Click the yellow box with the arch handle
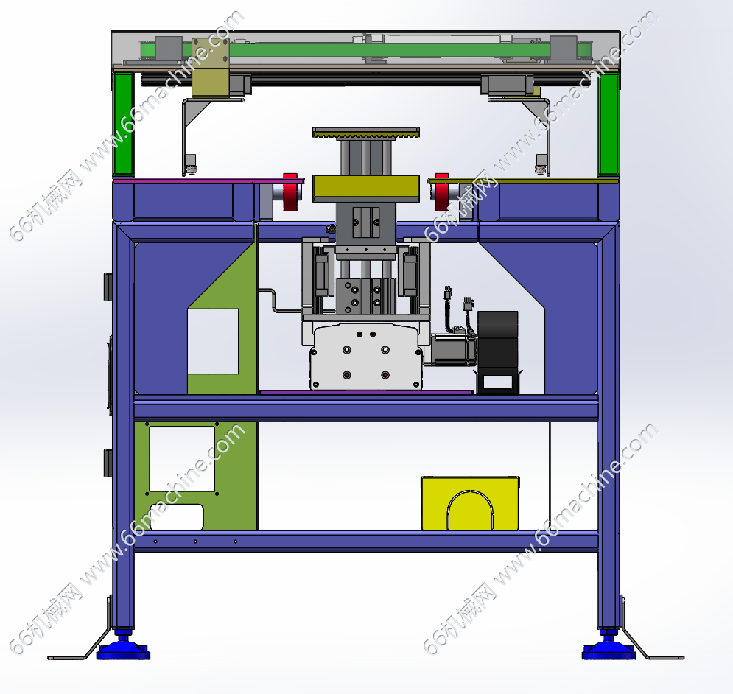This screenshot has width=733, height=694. tap(470, 504)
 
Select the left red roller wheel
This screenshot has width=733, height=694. tap(290, 192)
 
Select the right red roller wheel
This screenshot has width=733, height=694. tap(442, 192)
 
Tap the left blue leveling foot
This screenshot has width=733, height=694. tap(123, 648)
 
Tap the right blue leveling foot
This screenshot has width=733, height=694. tap(609, 648)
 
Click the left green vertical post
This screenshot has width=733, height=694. tap(124, 125)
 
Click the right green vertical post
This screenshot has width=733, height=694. tap(609, 125)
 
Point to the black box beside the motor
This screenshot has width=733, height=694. tap(497, 351)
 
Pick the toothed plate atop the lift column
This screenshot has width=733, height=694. tap(366, 133)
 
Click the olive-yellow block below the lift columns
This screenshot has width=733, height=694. tap(366, 189)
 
